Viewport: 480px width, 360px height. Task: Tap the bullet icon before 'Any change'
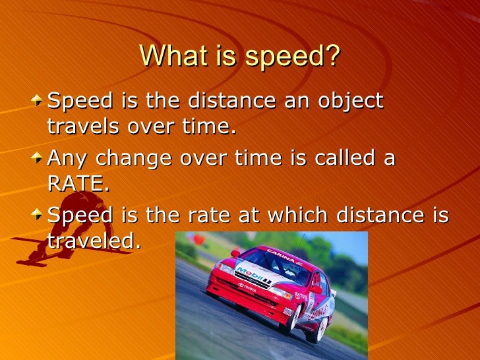[41, 158]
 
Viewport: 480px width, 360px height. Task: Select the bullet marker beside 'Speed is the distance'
[41, 102]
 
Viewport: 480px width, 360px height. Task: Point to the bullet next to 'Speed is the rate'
[41, 216]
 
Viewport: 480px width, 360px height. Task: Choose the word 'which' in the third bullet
[291, 216]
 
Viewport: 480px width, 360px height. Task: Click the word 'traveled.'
[94, 241]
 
